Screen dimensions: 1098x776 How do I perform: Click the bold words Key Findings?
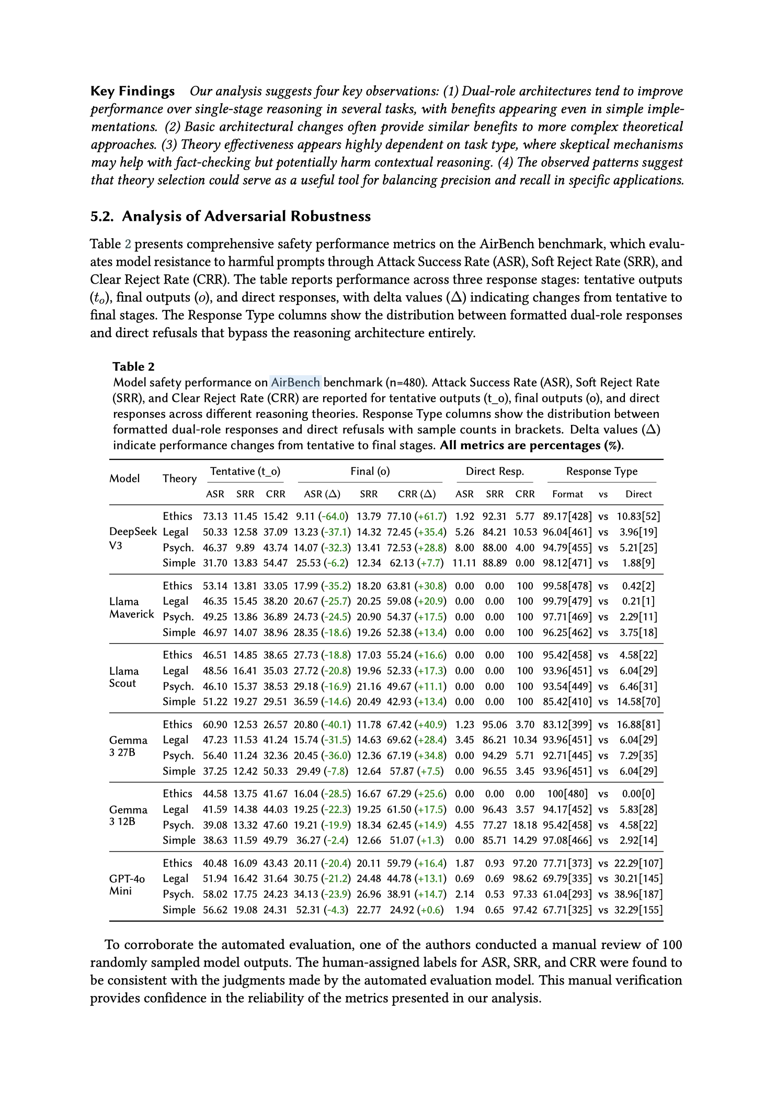pos(132,91)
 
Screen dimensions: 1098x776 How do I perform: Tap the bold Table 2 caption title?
pos(133,366)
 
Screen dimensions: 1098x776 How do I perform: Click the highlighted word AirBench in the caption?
pos(295,383)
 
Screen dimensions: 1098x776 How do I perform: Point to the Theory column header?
pos(179,479)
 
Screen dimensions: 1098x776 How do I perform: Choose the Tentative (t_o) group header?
pos(245,472)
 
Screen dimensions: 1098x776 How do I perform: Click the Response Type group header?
pos(601,472)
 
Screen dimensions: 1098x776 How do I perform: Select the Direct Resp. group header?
pos(495,472)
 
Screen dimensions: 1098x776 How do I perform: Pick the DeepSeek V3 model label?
pos(133,539)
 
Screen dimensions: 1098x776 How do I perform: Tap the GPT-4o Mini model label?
pos(127,885)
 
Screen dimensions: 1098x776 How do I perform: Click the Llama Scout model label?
pos(124,677)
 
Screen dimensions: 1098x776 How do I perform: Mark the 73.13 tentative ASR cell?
pos(214,517)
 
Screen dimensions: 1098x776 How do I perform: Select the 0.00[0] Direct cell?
pos(638,794)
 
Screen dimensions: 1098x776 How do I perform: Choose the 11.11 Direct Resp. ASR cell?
pos(464,563)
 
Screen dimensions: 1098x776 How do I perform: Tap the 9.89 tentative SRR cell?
pos(246,548)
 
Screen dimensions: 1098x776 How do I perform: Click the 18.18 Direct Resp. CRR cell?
pos(525,825)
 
